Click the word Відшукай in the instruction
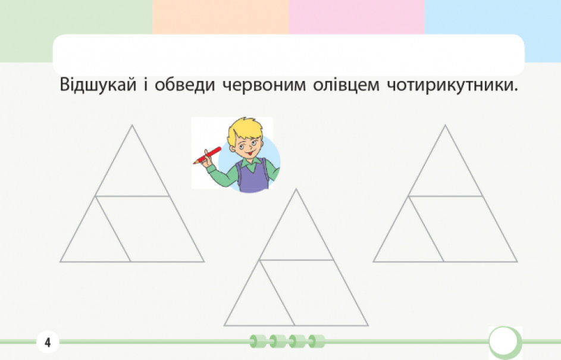point(98,85)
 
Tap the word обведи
point(184,85)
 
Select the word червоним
point(264,86)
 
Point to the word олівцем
point(346,85)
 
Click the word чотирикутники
point(453,86)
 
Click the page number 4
point(48,343)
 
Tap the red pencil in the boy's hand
point(207,155)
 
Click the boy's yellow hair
point(245,130)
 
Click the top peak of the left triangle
point(132,125)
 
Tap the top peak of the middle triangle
point(296,189)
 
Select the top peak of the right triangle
point(445,125)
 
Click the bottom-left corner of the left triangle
point(61,262)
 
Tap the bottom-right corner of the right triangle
point(518,262)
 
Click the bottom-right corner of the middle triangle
point(368,325)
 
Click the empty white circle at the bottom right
point(503,341)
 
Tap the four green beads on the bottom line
point(287,341)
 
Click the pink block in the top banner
point(357,17)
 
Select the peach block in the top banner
point(220,17)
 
